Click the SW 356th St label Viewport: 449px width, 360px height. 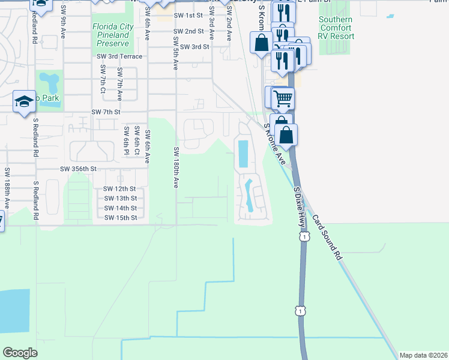click(78, 169)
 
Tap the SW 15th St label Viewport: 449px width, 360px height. click(120, 217)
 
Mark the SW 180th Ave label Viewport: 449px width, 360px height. click(176, 168)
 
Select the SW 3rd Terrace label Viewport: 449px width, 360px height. click(119, 56)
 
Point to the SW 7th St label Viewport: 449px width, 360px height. click(106, 112)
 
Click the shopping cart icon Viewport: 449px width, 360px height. click(283, 98)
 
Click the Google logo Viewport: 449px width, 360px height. click(20, 352)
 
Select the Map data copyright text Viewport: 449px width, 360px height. click(423, 355)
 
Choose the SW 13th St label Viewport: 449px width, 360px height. click(120, 198)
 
